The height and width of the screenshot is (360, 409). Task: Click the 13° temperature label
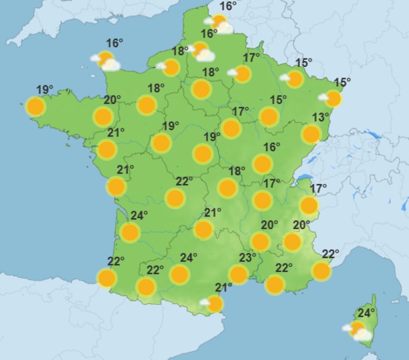point(320,118)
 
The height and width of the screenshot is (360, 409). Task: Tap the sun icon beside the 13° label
point(311,134)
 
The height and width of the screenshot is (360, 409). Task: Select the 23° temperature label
point(247,258)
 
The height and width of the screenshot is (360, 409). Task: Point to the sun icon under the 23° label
point(238,274)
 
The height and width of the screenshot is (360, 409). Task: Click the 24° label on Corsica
point(366,313)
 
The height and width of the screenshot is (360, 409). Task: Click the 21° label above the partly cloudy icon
point(224,287)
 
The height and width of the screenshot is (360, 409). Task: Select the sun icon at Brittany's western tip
point(36,106)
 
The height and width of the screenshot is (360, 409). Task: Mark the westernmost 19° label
point(45,90)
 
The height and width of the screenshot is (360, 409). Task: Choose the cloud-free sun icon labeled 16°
point(262,164)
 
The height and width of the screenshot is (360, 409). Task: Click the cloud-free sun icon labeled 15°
point(268,117)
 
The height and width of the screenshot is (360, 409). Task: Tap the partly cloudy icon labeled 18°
point(171,67)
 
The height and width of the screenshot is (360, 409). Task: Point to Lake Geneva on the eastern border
point(304,177)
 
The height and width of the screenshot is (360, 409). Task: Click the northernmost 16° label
point(228,6)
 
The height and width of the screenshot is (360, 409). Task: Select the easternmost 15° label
point(343,82)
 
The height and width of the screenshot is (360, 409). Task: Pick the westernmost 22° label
point(116,261)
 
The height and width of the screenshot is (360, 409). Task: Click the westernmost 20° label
point(112,100)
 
